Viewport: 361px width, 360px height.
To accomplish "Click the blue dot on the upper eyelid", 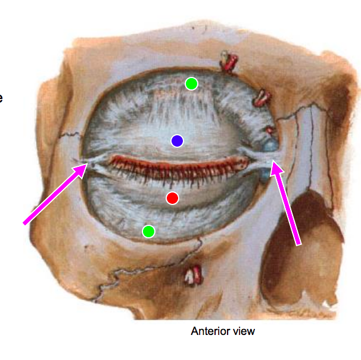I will pyautogui.click(x=177, y=141).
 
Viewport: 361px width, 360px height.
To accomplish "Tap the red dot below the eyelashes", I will pyautogui.click(x=173, y=198).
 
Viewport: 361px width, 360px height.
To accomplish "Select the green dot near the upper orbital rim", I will pyautogui.click(x=191, y=83).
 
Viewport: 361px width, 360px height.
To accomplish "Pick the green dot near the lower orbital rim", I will pyautogui.click(x=149, y=231).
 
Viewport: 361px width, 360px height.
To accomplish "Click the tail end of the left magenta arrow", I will pyautogui.click(x=25, y=224).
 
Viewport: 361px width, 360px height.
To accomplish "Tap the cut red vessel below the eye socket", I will pyautogui.click(x=193, y=275).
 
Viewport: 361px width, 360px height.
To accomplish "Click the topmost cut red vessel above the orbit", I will pyautogui.click(x=229, y=60).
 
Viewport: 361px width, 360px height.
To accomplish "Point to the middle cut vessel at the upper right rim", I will pyautogui.click(x=262, y=97).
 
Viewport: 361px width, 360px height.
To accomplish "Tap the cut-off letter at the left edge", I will pyautogui.click(x=1, y=97).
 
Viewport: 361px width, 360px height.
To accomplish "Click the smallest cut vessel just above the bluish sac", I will pyautogui.click(x=270, y=130).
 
